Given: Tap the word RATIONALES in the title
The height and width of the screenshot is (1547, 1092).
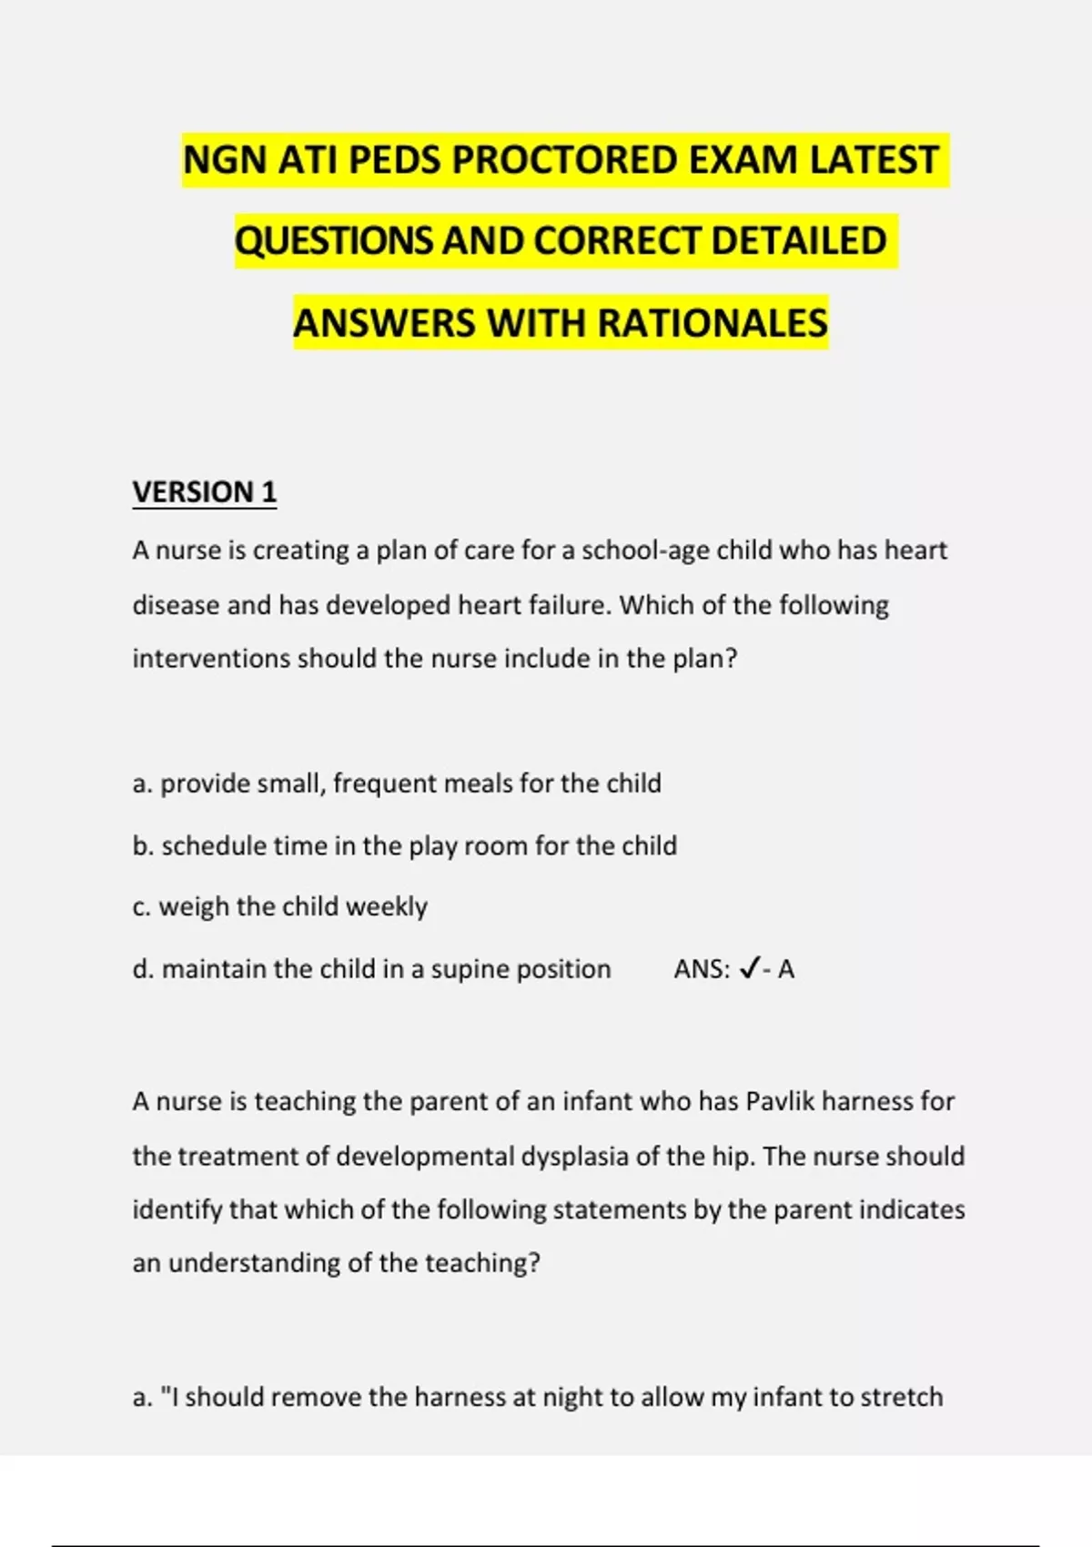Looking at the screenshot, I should pyautogui.click(x=713, y=323).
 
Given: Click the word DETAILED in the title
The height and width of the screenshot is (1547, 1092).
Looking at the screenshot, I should pyautogui.click(x=798, y=241).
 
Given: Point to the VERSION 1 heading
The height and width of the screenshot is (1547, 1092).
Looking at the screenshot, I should pyautogui.click(x=205, y=491).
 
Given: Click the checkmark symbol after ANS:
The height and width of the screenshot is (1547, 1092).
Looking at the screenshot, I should pyautogui.click(x=749, y=969).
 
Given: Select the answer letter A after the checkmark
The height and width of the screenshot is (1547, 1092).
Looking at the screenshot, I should pyautogui.click(x=786, y=969).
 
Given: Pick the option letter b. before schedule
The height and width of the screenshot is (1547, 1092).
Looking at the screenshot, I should pyautogui.click(x=142, y=845).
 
